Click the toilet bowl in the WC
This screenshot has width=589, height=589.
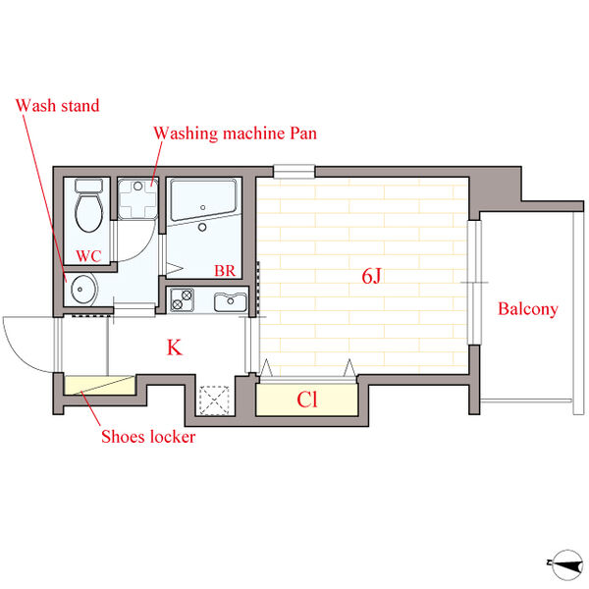point(89,212)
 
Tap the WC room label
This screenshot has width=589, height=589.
point(88,256)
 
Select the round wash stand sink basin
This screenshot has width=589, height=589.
point(82,290)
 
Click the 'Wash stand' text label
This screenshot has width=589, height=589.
point(58,106)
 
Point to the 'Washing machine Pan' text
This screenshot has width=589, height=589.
point(236,134)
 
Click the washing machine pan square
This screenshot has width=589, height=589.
point(137,199)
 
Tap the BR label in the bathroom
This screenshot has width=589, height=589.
point(225,271)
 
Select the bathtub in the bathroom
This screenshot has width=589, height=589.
point(203,200)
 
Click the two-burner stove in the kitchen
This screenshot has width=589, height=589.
point(182,299)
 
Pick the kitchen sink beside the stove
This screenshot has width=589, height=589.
point(231,302)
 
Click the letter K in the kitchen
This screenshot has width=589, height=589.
point(175,348)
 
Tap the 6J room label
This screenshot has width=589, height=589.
point(371,276)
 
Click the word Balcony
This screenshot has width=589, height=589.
point(528,309)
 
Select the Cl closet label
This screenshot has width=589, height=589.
point(307,400)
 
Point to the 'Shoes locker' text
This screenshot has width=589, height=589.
point(148,437)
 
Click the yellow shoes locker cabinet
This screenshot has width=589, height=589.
point(100,385)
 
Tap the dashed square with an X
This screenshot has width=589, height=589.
point(214,401)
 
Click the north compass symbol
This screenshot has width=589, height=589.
point(565,564)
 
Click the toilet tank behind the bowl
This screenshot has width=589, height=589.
point(89,186)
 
